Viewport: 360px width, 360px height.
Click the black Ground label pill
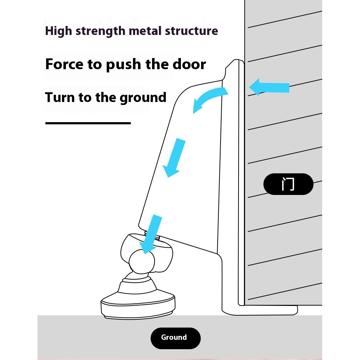(x=175, y=338)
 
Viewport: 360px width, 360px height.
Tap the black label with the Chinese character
(x=288, y=184)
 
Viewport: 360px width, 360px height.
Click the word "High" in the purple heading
(x=58, y=31)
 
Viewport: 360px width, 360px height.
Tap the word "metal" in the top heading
(x=146, y=31)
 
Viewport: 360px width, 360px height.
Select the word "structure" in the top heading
(x=191, y=31)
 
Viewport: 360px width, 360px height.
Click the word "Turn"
(x=58, y=97)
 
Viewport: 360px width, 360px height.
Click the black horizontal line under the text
(x=88, y=123)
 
